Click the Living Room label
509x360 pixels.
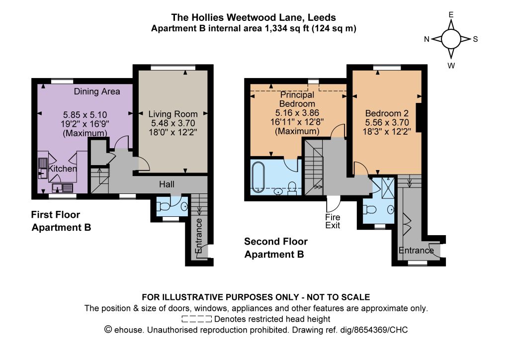(x=173, y=114)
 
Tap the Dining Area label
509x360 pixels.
(x=97, y=91)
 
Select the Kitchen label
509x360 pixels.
(x=63, y=169)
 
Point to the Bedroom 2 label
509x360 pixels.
(x=387, y=113)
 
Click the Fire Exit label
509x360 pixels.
(x=333, y=221)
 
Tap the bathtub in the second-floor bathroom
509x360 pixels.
(x=258, y=177)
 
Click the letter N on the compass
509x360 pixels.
(x=426, y=39)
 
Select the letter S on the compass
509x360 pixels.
(x=475, y=39)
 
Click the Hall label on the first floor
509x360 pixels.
(x=167, y=184)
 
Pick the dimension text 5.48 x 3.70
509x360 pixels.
(x=173, y=123)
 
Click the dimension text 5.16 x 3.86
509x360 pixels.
(x=297, y=113)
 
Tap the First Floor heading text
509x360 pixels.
(x=56, y=215)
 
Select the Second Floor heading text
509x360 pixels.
(x=275, y=242)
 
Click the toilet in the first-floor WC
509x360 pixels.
(x=163, y=206)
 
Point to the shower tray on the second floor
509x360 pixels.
(x=388, y=187)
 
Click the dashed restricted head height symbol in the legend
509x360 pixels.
(x=197, y=319)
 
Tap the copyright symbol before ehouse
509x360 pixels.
(x=108, y=330)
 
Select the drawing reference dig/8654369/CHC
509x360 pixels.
(x=374, y=330)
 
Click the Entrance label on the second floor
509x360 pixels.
(x=416, y=250)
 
